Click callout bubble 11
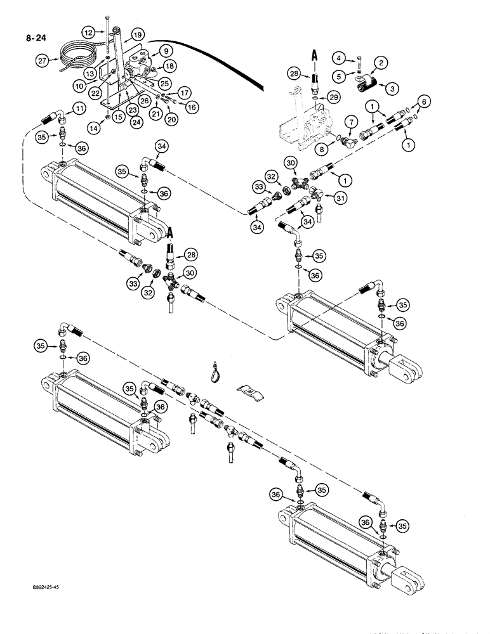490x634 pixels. pyautogui.click(x=79, y=109)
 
